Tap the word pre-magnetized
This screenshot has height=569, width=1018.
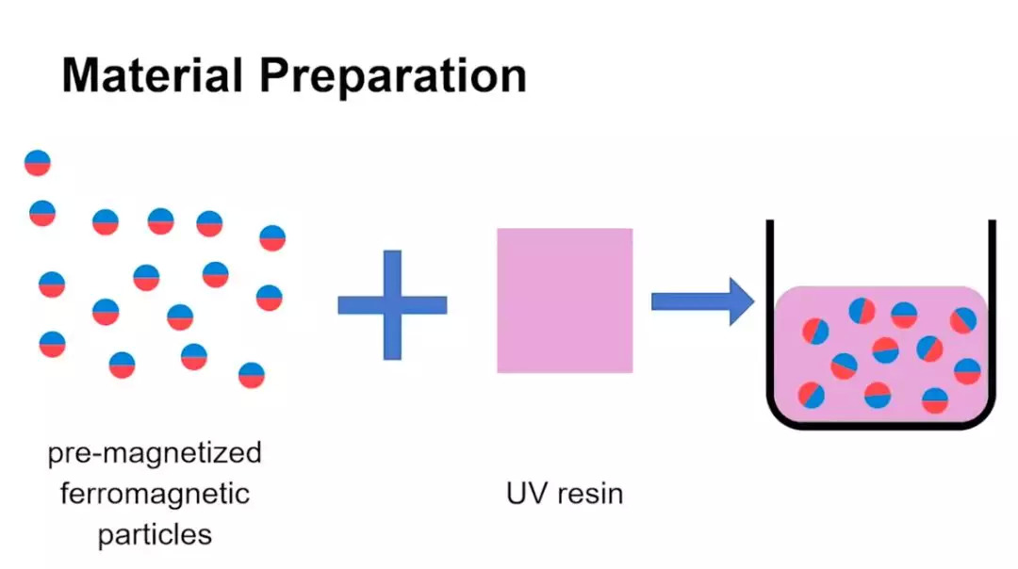tap(155, 454)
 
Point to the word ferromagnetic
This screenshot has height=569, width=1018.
tap(155, 494)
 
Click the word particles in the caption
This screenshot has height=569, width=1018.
tap(155, 534)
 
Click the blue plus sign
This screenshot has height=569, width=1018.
tap(392, 305)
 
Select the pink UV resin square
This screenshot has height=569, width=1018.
tap(565, 300)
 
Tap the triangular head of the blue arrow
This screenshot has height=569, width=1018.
tap(741, 301)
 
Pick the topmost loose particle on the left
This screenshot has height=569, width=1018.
tap(38, 163)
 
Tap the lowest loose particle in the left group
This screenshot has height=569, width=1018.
tap(252, 375)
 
